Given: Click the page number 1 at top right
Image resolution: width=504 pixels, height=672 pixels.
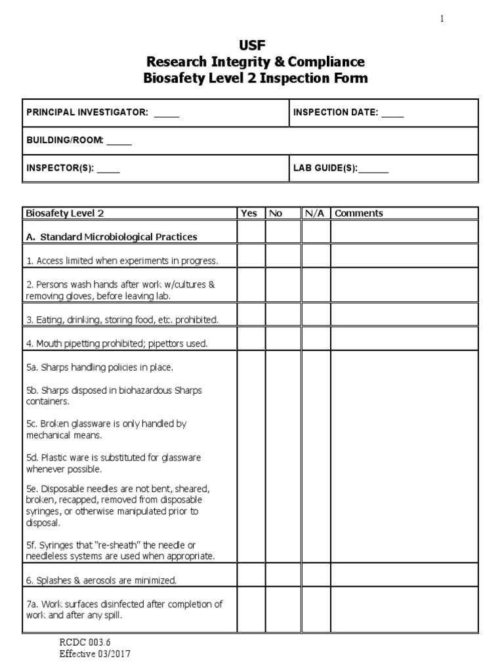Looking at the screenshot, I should [442, 19].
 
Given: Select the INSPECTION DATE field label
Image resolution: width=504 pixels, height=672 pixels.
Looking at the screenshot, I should [335, 113].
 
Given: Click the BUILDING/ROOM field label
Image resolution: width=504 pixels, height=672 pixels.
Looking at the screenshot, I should [64, 140].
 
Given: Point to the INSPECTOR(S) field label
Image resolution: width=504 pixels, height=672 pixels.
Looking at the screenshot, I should [60, 168].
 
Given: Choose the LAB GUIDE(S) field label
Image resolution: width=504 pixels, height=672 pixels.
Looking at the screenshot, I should [325, 168].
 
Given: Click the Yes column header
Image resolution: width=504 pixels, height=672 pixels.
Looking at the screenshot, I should [249, 213].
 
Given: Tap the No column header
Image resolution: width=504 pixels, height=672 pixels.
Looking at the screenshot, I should [276, 213].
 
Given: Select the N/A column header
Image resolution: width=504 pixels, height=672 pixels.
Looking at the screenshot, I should [314, 213].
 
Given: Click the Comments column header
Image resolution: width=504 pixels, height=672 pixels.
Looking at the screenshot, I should [358, 213].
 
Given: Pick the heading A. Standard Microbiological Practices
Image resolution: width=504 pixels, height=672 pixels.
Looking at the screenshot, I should [112, 236].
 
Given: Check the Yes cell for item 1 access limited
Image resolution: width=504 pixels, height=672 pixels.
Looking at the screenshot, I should [251, 255].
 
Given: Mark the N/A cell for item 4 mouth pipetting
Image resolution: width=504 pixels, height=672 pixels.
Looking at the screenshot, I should [316, 339].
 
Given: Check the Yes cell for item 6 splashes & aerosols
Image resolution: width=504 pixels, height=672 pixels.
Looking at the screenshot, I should [251, 575].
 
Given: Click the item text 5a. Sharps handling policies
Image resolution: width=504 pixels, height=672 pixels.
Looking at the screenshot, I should [99, 367].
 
